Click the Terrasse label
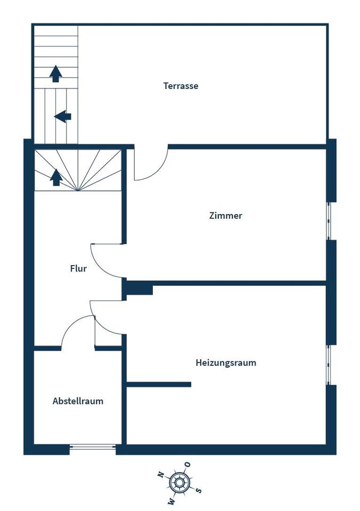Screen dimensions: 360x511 181,86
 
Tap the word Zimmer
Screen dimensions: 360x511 226,216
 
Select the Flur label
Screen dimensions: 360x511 78,268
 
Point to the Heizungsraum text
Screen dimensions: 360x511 226,362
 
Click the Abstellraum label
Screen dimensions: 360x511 78,401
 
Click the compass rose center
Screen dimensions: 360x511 179,482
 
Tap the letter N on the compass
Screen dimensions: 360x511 160,474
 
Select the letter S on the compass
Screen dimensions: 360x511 199,490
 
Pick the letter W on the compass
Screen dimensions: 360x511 171,501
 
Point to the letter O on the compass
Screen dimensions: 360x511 188,464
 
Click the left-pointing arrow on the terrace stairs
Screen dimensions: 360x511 63,117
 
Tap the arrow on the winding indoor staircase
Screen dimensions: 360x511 56,177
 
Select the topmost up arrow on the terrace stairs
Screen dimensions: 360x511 56,73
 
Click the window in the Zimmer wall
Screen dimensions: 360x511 329,221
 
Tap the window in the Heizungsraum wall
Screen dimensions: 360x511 329,365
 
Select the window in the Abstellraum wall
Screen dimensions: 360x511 93,447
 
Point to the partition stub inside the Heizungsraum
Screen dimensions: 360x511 159,384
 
